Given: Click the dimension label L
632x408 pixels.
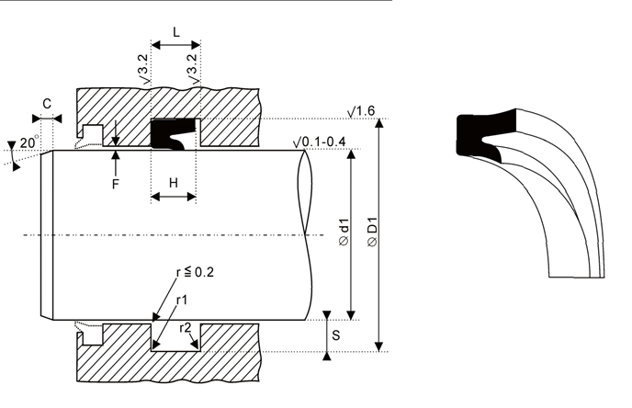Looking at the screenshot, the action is point(176,32).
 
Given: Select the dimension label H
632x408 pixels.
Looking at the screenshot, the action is point(174,183).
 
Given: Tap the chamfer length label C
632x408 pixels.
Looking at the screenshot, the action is point(47,104).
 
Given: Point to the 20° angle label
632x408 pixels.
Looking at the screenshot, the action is point(29,142).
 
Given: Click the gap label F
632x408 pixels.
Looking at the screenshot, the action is point(116,185).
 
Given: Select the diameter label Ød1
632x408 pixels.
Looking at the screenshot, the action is point(344,232).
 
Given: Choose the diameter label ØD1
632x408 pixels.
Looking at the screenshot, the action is point(372,232).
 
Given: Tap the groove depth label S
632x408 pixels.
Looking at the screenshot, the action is point(336,335).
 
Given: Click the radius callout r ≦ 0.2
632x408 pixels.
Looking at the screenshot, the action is point(195,273).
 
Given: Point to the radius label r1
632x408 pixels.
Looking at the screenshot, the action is point(182,300).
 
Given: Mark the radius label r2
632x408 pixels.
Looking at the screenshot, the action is point(186,328).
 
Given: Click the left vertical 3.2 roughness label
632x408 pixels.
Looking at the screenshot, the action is point(145,69).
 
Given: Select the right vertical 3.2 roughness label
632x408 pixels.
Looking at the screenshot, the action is point(194,69).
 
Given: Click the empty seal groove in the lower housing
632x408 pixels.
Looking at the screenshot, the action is point(175,337).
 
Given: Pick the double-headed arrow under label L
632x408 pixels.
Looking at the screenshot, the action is point(175,45).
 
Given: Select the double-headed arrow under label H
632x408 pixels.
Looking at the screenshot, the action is point(174,198).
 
